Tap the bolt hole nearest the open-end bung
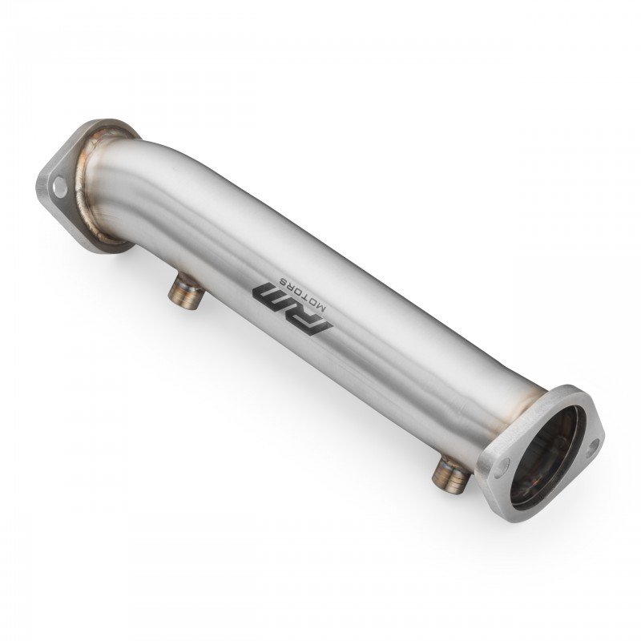click(502, 467)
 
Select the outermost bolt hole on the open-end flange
click(592, 448)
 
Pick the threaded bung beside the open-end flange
click(450, 474)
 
